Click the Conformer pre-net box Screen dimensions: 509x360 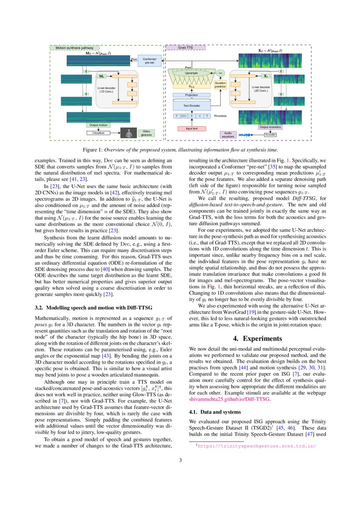[149, 61]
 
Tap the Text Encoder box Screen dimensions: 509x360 [191, 105]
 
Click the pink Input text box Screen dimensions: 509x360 [192, 128]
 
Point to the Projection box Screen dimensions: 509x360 [191, 94]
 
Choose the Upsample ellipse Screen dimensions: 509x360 [191, 73]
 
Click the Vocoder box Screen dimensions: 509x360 [270, 135]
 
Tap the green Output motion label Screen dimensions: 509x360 [98, 125]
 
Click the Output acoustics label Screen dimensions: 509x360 [270, 127]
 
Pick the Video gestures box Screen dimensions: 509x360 [146, 133]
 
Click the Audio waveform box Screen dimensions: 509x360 [228, 135]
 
